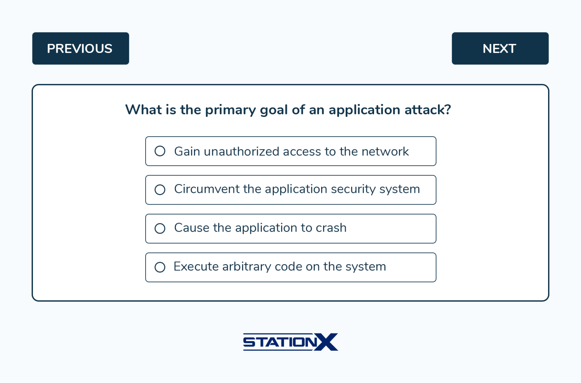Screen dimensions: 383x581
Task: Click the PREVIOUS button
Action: (80, 48)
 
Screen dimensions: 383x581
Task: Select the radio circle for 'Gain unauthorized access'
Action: (160, 151)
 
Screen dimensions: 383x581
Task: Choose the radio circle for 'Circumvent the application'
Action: (160, 190)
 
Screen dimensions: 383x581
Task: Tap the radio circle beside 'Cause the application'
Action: (160, 228)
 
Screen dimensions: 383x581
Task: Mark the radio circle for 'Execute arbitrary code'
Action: (160, 267)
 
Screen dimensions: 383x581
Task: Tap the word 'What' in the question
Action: (143, 110)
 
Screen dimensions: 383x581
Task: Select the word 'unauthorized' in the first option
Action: (241, 151)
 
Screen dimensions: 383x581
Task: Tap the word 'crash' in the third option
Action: (331, 228)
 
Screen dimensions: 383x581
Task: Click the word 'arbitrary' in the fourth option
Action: (246, 267)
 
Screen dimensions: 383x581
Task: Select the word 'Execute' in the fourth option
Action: (196, 267)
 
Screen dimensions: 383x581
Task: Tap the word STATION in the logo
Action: (280, 342)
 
